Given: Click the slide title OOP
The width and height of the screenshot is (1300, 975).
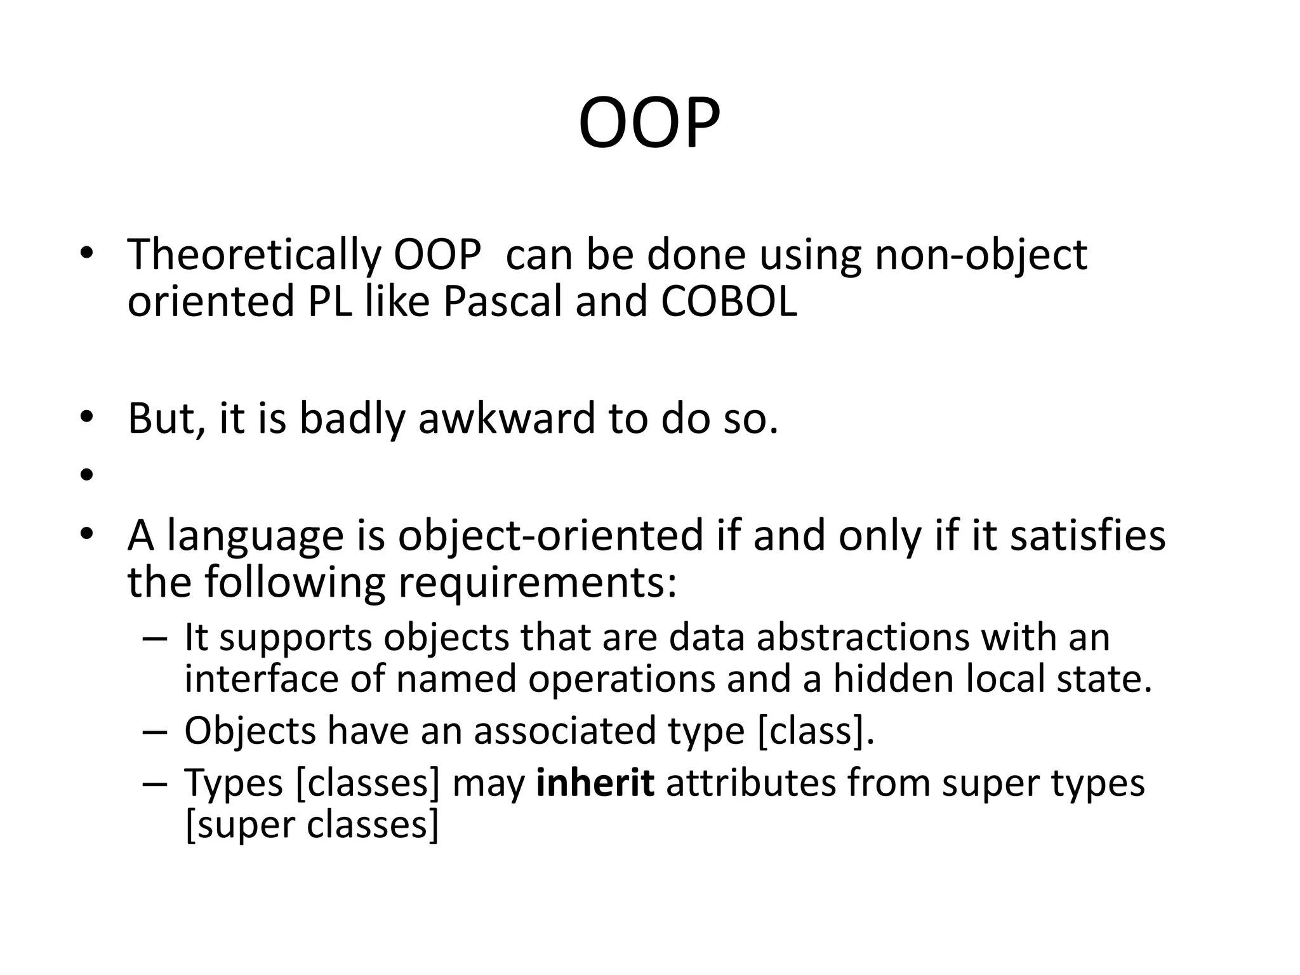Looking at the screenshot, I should pyautogui.click(x=649, y=124).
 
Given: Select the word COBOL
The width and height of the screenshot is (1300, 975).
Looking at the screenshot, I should pyautogui.click(x=729, y=302).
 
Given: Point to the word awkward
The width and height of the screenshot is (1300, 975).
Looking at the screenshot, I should pyautogui.click(x=507, y=419).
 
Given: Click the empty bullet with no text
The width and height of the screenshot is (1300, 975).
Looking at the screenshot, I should pyautogui.click(x=87, y=474).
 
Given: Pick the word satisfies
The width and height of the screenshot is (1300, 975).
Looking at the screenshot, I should pyautogui.click(x=1088, y=535).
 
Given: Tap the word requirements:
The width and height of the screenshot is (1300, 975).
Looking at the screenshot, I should pyautogui.click(x=537, y=582).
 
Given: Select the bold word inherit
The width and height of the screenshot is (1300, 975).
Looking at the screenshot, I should pyautogui.click(x=595, y=783).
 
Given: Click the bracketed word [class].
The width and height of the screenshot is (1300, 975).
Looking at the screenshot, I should pyautogui.click(x=816, y=731).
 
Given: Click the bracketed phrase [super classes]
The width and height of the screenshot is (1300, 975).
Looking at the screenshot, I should pyautogui.click(x=312, y=825).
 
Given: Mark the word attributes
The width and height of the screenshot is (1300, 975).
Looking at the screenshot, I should pyautogui.click(x=751, y=783).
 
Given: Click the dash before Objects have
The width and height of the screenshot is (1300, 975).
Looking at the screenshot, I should pyautogui.click(x=154, y=731).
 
